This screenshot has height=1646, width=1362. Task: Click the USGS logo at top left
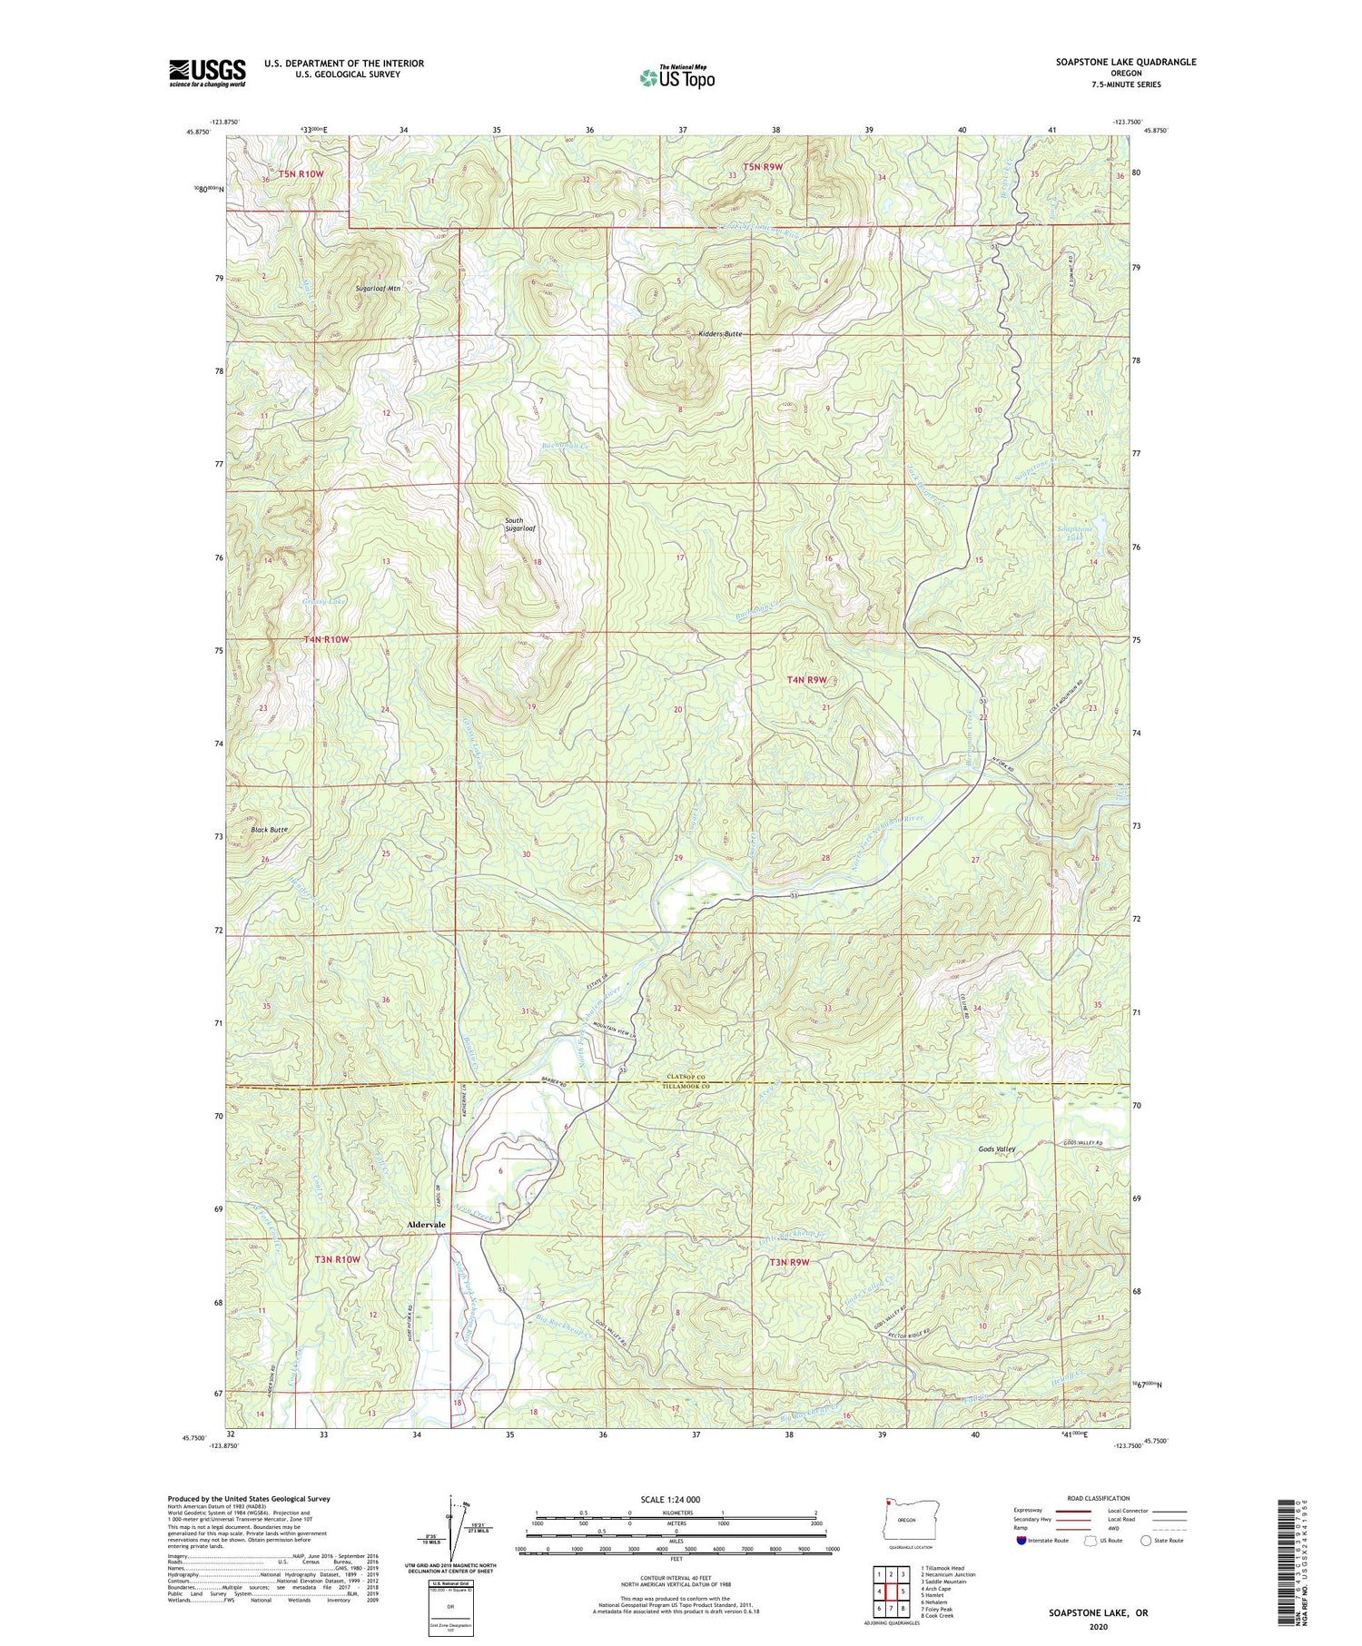coord(207,73)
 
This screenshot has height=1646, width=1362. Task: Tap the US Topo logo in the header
coord(676,77)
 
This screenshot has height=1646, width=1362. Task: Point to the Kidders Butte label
coord(720,334)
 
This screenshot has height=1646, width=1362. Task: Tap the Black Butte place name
coord(269,830)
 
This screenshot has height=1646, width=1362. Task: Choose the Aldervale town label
coord(426,1225)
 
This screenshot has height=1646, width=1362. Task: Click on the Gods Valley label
coord(996,1149)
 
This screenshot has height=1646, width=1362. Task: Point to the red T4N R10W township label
coord(326,639)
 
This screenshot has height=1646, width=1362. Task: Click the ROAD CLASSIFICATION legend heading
coord(1099,1498)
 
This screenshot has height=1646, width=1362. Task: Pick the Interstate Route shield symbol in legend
coord(1021,1541)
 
